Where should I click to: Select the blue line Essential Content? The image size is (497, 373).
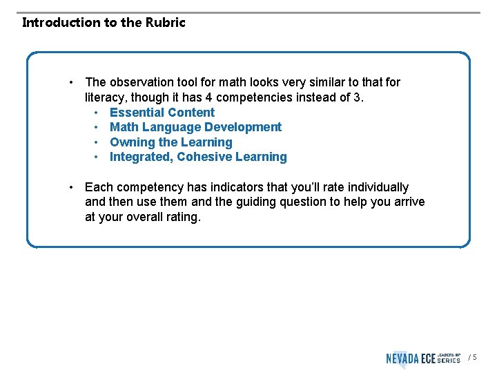point(162,113)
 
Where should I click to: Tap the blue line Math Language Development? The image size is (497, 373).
point(195,127)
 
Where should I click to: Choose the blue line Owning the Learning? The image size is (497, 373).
point(170,142)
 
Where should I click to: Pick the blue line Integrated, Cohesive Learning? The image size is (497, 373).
point(198,157)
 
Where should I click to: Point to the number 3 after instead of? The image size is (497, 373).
point(357,97)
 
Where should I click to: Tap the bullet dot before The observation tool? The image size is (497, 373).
point(72,82)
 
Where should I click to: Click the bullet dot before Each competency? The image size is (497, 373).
point(72,187)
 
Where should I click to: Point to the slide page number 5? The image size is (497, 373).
point(474,358)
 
